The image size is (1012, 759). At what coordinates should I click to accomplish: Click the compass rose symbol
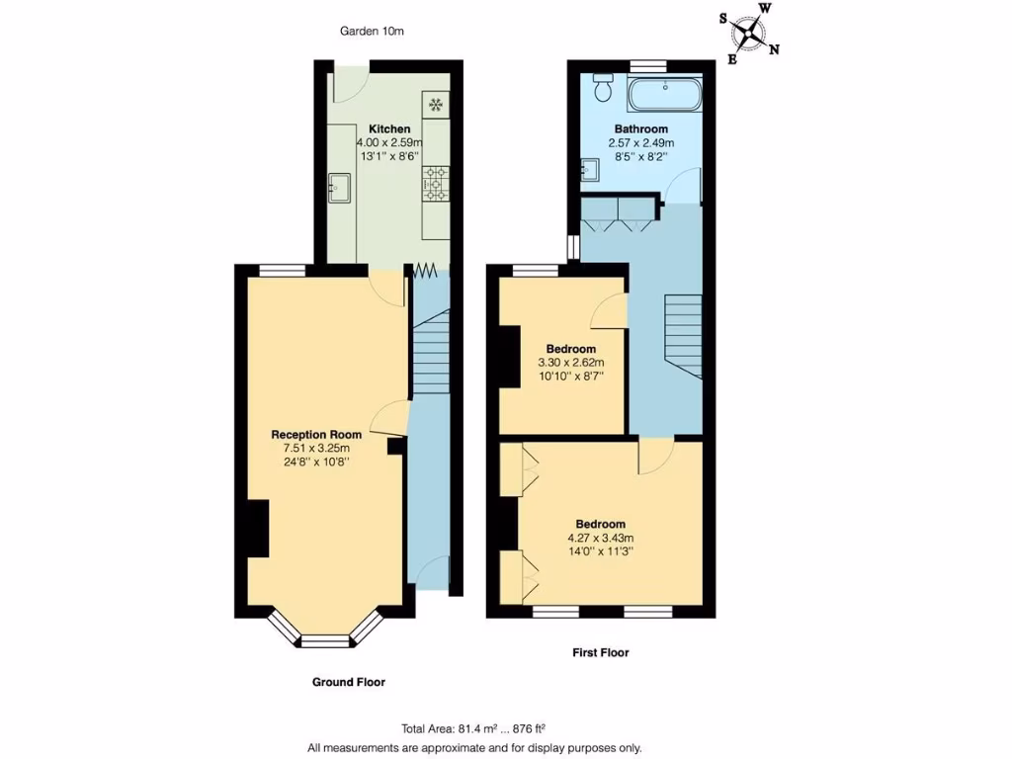(x=750, y=35)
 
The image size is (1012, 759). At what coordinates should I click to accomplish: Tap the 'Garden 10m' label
(x=372, y=32)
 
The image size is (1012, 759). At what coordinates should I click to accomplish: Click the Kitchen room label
(x=389, y=129)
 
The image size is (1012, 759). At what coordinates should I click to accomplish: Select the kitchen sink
(x=340, y=184)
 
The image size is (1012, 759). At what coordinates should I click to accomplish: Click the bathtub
(x=665, y=96)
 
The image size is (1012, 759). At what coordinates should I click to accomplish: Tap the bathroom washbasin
(x=590, y=171)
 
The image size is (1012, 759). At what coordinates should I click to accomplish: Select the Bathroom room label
(x=640, y=129)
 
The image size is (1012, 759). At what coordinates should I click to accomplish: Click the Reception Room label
(x=316, y=434)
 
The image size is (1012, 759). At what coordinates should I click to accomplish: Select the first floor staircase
(x=683, y=335)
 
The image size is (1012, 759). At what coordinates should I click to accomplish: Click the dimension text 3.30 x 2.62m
(x=571, y=363)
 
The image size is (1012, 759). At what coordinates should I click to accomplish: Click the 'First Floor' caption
(x=601, y=652)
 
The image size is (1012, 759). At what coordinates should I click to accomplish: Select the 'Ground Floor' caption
(x=348, y=682)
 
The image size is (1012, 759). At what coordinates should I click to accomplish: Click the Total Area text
(x=474, y=729)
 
